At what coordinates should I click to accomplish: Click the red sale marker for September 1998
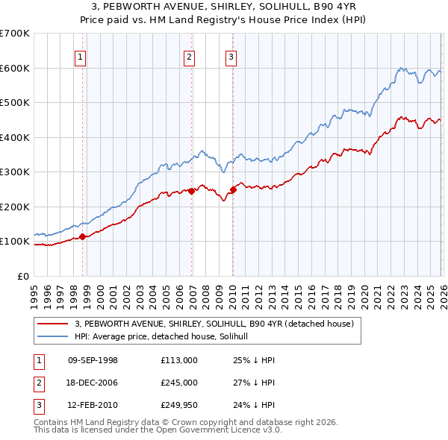click(x=82, y=237)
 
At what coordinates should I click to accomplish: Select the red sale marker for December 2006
click(x=192, y=191)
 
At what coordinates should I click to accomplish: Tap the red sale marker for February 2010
click(x=233, y=189)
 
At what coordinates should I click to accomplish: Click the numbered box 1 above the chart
click(x=80, y=56)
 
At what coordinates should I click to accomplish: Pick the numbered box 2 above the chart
click(x=190, y=56)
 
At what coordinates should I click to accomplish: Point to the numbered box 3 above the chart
click(x=231, y=56)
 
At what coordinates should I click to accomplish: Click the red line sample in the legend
click(x=52, y=324)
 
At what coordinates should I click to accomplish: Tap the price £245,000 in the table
click(x=178, y=382)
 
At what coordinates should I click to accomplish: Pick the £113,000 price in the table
click(x=178, y=360)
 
